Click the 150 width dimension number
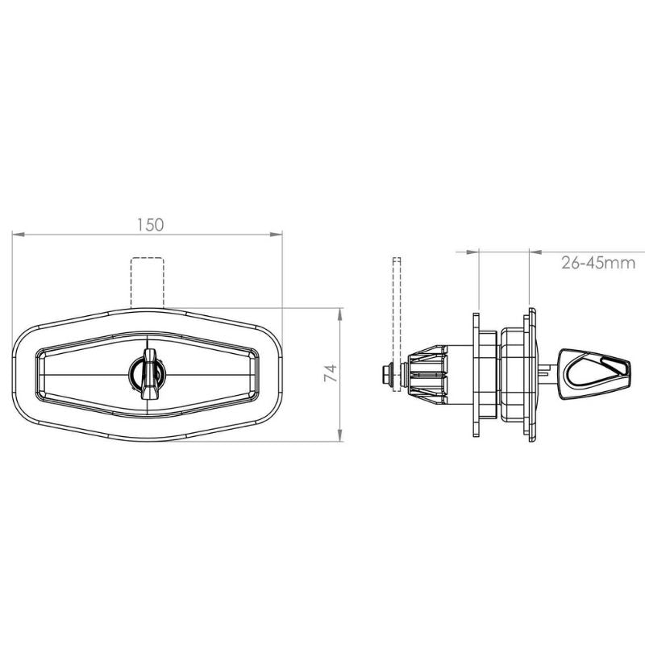150,225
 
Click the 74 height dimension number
331,372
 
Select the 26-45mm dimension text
598,263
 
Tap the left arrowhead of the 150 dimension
19,234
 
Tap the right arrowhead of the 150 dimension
277,234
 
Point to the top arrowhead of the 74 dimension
339,314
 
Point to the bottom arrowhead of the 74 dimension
339,435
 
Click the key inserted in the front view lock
148,374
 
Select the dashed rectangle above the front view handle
148,283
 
